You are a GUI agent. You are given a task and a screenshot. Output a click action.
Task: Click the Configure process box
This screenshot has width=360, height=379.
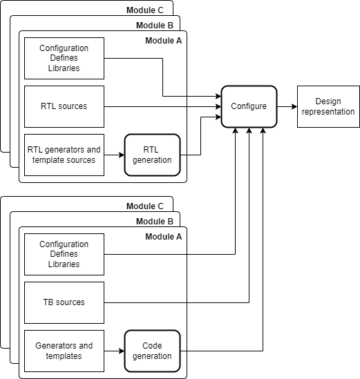point(249,106)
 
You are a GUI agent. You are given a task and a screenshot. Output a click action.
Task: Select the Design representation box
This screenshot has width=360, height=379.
point(328,106)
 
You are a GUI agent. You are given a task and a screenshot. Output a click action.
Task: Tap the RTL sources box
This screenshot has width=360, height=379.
point(64,106)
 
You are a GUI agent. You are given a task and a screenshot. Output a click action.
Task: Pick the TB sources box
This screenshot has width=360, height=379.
point(64,302)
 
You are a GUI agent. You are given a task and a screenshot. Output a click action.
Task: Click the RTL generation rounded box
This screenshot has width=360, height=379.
point(152,155)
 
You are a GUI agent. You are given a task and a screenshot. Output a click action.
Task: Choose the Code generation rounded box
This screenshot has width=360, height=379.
point(152,351)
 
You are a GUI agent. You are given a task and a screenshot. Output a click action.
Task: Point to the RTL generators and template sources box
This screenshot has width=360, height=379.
point(64,155)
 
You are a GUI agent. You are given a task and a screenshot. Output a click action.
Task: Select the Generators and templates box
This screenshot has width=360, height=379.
point(64,351)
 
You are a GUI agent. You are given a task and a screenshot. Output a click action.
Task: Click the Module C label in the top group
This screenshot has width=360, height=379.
point(145,10)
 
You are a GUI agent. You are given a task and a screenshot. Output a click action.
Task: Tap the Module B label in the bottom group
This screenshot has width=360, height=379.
point(155,222)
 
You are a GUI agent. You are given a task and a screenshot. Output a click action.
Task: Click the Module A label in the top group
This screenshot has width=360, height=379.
point(164,41)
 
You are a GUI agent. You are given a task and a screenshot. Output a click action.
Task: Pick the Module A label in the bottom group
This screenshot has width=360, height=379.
point(164,237)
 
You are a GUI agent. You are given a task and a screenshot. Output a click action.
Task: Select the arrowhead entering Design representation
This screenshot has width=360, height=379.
point(294,106)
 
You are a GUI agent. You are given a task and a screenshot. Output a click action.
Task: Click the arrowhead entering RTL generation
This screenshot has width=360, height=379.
point(122,155)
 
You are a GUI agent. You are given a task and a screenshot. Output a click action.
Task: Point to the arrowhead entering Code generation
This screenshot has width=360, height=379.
point(122,351)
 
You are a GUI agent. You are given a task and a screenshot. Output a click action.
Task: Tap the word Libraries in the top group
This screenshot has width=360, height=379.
point(64,68)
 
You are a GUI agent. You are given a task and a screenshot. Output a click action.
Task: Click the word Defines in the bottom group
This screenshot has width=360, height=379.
point(64,254)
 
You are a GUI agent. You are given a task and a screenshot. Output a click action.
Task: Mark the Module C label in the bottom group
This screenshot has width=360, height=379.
point(145,206)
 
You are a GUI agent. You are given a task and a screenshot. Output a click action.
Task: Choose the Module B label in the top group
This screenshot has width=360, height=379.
point(155,26)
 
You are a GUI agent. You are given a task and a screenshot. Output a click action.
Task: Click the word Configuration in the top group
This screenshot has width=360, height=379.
point(64,48)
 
